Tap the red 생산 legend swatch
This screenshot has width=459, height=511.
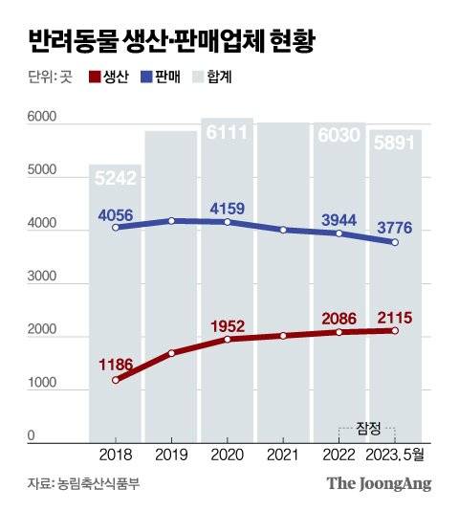pyautogui.click(x=94, y=77)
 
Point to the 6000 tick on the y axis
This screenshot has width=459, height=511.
pyautogui.click(x=32, y=120)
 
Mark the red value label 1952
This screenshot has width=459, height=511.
pyautogui.click(x=228, y=323)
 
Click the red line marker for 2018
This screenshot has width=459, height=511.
pyautogui.click(x=117, y=381)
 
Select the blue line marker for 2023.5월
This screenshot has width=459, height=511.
pyautogui.click(x=394, y=242)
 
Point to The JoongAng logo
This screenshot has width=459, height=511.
pyautogui.click(x=379, y=483)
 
